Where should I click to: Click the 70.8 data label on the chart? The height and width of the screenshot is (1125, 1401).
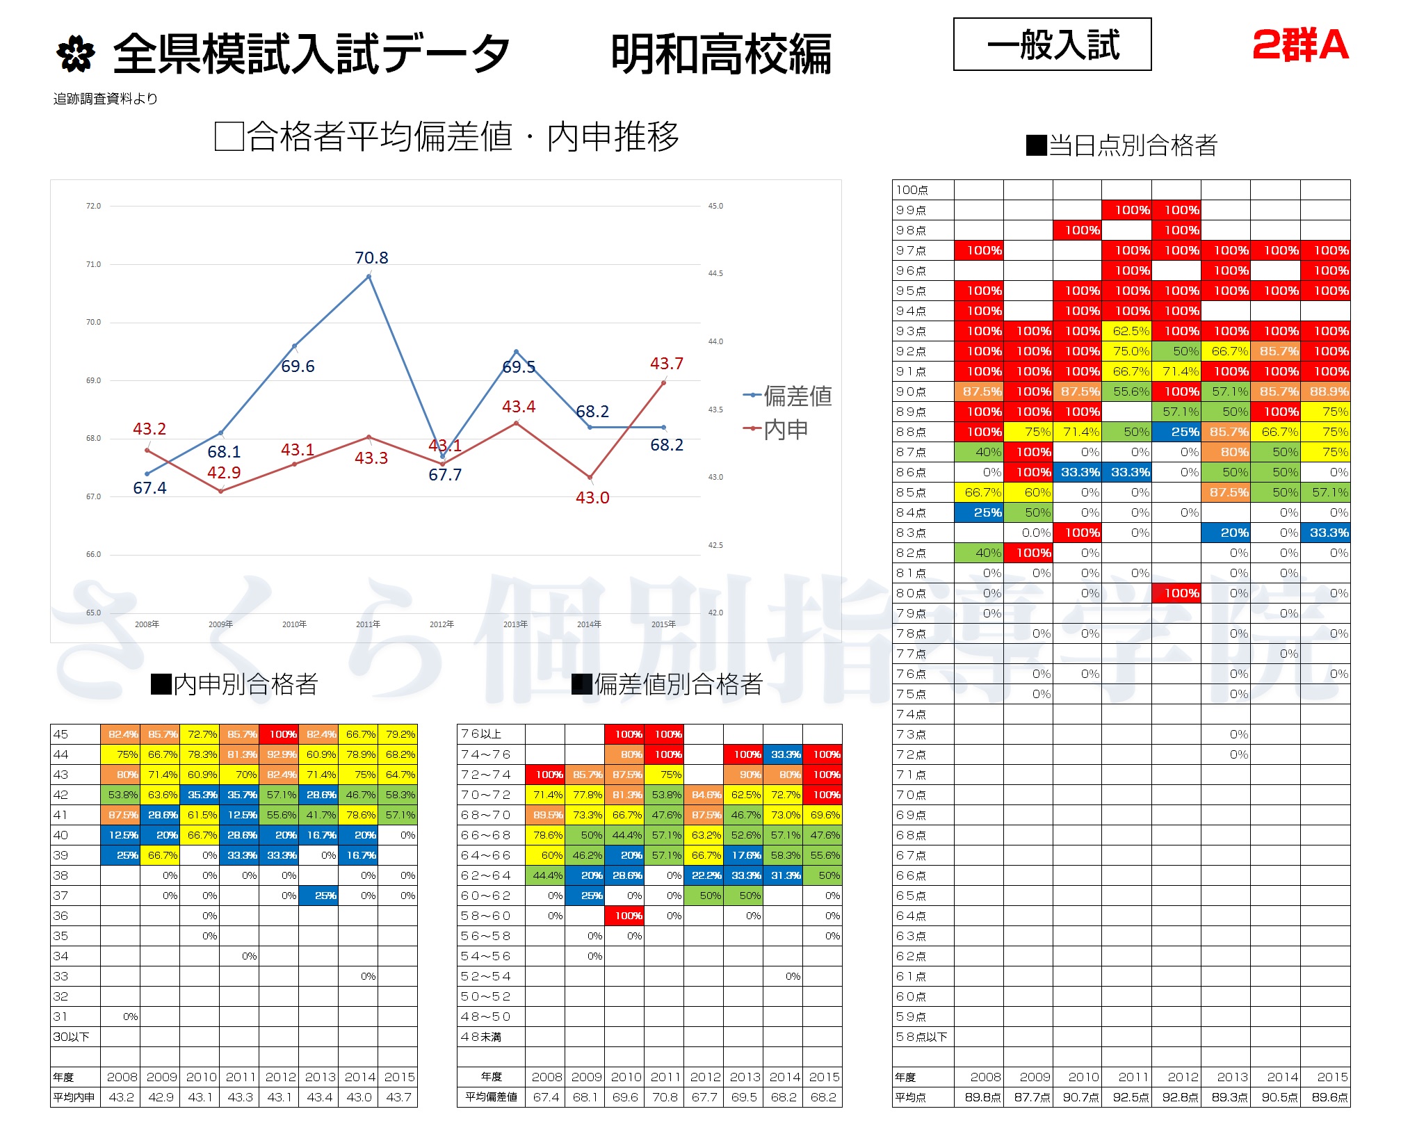tap(371, 258)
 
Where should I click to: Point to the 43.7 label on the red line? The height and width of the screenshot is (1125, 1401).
tap(666, 364)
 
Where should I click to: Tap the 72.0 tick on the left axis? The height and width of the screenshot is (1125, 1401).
tap(93, 207)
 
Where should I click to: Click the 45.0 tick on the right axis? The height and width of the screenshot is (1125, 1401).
tap(715, 207)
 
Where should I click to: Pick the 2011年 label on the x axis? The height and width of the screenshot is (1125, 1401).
tap(368, 624)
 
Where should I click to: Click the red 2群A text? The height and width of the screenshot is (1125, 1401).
tap(1300, 46)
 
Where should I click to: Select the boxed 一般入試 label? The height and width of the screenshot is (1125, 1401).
tap(1052, 44)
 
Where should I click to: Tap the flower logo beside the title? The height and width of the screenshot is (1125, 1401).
tap(75, 54)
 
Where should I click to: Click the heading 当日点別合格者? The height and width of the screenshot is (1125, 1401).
tap(1121, 145)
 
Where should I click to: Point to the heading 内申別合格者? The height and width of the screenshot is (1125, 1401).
tap(234, 684)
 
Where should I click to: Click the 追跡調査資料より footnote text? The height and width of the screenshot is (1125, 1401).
tap(105, 99)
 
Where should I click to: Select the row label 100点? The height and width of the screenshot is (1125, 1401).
tap(912, 190)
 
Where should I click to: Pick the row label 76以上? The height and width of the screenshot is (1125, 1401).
tap(481, 734)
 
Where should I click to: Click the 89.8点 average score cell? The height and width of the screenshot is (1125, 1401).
tap(982, 1097)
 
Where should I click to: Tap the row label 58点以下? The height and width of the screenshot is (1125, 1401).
tap(921, 1037)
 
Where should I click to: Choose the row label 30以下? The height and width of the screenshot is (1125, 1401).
tap(71, 1037)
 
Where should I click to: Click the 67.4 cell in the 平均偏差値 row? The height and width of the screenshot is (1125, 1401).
tap(546, 1097)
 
